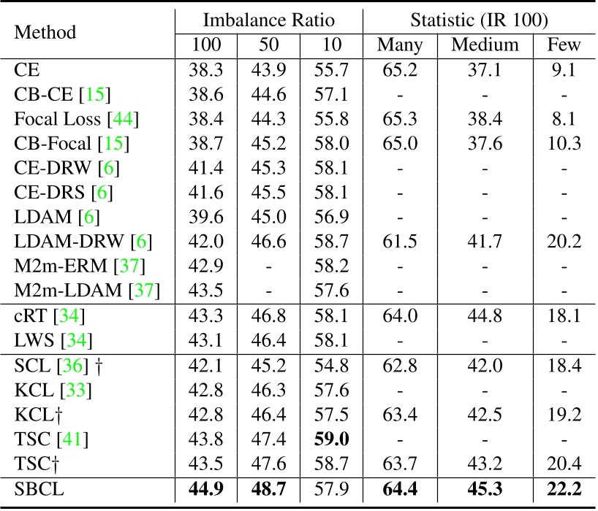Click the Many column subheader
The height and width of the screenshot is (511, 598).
400,45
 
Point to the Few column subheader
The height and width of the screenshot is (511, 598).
564,45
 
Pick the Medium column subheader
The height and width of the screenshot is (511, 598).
485,45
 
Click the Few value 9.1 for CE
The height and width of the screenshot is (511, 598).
564,71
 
